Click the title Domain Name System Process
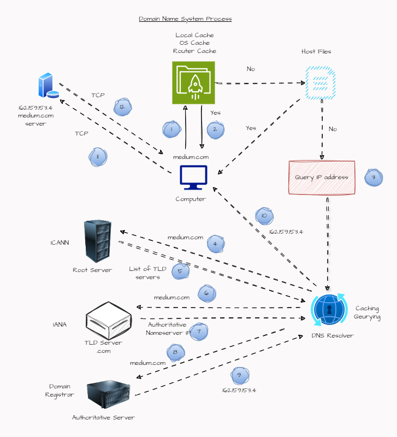185,19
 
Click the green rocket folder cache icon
194,82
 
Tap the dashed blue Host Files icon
317,82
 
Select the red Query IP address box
322,178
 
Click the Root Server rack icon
98,241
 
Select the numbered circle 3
374,178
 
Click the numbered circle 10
264,216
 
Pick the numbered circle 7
199,331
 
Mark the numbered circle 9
239,375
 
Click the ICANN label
60,243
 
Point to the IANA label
60,324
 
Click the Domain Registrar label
60,390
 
